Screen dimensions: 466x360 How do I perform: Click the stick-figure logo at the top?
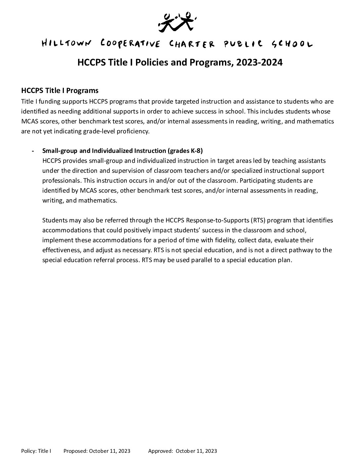tap(175, 22)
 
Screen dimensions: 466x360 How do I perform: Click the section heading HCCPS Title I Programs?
tap(60, 90)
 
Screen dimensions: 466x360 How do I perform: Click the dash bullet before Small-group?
tap(32, 151)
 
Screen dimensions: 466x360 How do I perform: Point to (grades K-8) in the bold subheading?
tap(185, 151)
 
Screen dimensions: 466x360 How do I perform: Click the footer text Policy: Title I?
tap(36, 451)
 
